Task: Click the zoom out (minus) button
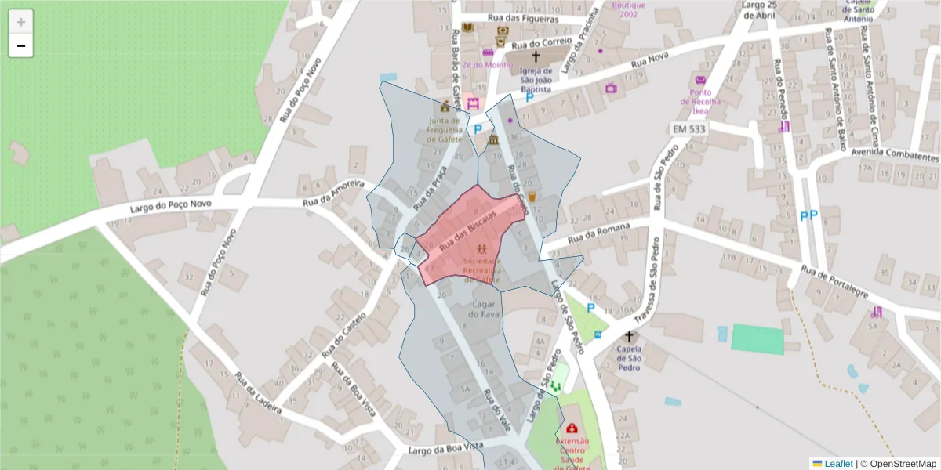pyautogui.click(x=21, y=46)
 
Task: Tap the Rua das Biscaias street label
pyautogui.click(x=468, y=231)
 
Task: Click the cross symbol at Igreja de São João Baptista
pyautogui.click(x=536, y=56)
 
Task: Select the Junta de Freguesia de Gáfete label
pyautogui.click(x=445, y=128)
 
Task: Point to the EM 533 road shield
pyautogui.click(x=688, y=128)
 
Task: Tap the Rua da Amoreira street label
pyautogui.click(x=334, y=193)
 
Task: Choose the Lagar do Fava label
pyautogui.click(x=484, y=309)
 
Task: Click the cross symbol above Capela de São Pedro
pyautogui.click(x=628, y=335)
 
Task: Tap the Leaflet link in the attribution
pyautogui.click(x=837, y=464)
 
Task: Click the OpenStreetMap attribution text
pyautogui.click(x=899, y=464)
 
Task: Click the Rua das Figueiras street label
pyautogui.click(x=523, y=18)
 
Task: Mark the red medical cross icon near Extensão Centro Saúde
pyautogui.click(x=572, y=428)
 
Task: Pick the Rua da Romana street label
pyautogui.click(x=599, y=233)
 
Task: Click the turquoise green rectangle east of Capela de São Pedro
pyautogui.click(x=758, y=339)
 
